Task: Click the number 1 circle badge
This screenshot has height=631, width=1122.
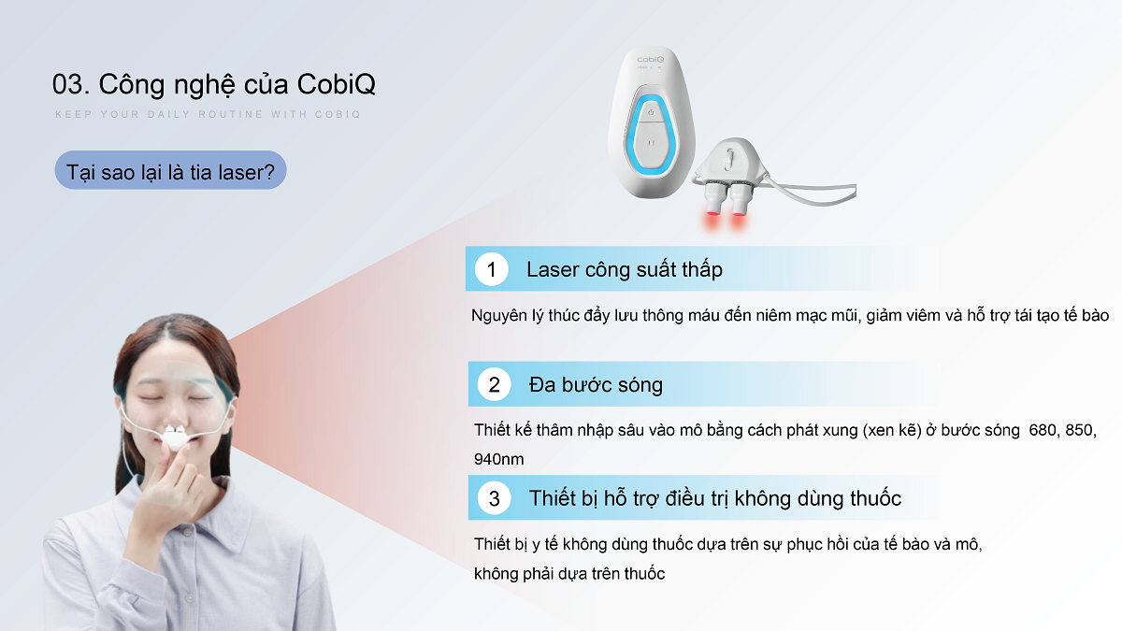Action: pos(492,269)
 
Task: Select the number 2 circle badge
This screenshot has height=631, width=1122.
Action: pos(494,384)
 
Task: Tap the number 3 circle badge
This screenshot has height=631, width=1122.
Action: pos(494,498)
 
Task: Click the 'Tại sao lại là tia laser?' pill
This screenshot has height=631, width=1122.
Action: pos(170,170)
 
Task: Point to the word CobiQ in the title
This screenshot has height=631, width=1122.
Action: pos(336,83)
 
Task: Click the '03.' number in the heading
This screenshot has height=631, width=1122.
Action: pos(71,84)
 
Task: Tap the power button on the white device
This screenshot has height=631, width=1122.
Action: pos(651,112)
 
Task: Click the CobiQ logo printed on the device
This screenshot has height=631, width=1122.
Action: pos(651,60)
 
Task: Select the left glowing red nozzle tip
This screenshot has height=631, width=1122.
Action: pos(712,216)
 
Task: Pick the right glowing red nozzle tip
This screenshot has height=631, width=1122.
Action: pos(739,216)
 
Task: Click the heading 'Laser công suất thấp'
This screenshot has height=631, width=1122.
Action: pos(625,269)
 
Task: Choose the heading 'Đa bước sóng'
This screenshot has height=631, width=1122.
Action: pos(596,384)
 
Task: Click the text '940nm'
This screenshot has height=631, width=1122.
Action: pos(499,459)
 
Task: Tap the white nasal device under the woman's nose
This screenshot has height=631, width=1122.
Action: pos(176,437)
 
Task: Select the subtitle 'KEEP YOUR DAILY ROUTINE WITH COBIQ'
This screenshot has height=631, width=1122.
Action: pos(208,114)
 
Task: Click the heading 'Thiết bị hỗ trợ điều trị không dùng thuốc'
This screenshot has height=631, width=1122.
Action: pos(715,498)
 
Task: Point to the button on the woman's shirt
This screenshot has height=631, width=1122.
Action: pos(189,598)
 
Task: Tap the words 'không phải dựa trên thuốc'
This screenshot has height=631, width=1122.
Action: pos(569,573)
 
